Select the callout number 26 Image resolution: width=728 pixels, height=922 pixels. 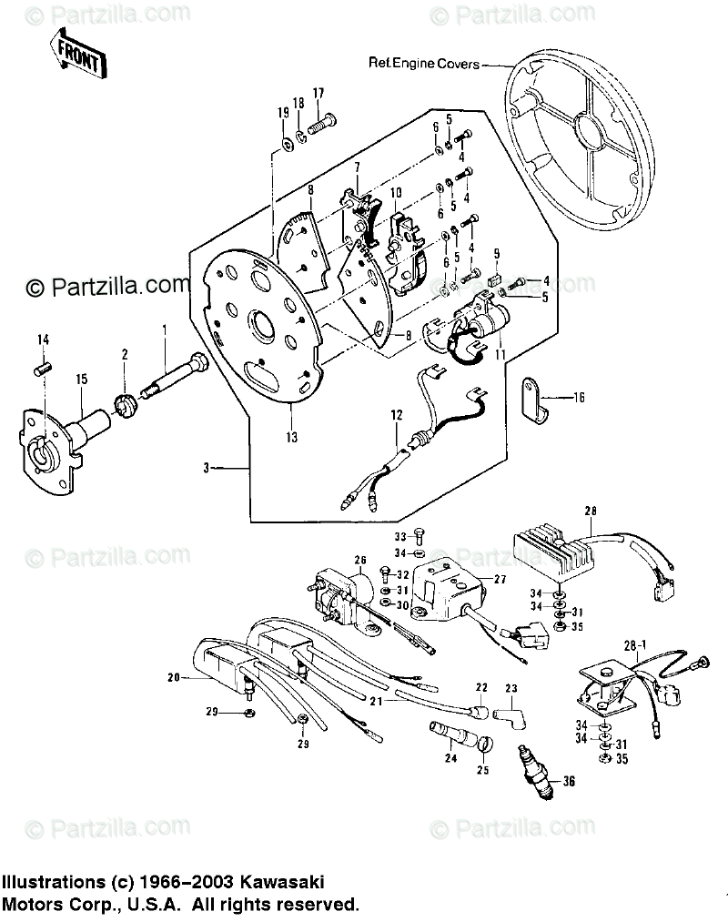pos(359,560)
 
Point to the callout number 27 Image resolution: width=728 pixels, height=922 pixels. pos(500,579)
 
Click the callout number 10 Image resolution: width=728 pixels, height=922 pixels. pos(396,193)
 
